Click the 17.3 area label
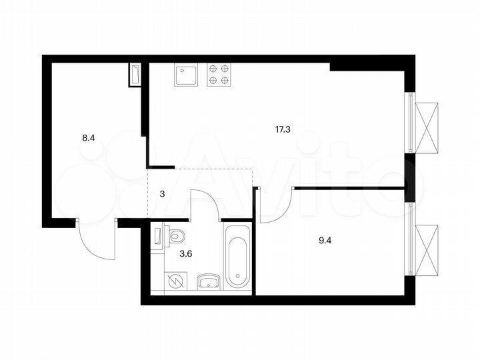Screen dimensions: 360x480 pos(282,130)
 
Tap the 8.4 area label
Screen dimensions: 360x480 pos(88,139)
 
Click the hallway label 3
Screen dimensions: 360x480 pos(162,194)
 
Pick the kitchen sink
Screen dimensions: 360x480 pos(187,75)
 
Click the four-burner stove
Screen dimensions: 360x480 pos(220,75)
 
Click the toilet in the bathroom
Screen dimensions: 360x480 pos(175,235)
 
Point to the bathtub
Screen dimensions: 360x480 pos(237,257)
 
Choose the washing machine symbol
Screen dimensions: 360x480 pos(177,282)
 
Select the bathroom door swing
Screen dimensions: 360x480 pos(207,202)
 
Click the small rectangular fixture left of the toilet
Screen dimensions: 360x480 pos(157,237)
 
